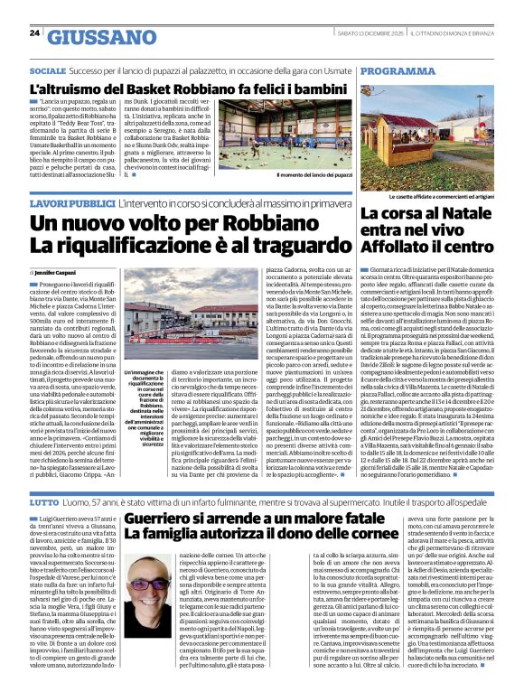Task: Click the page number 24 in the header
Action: tap(34, 34)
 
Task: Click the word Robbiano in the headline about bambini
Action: tap(184, 90)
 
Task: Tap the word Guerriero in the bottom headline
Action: tap(165, 519)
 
